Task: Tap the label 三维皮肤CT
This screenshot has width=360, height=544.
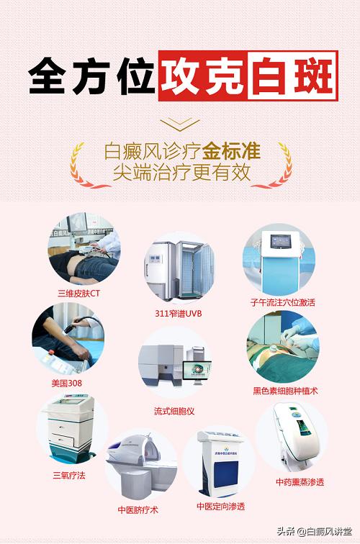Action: (79, 293)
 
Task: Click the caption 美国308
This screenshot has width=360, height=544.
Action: (66, 383)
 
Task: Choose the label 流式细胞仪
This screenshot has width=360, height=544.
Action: (174, 411)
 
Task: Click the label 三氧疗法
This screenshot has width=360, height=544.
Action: (68, 475)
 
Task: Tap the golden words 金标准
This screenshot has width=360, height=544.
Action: (231, 152)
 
